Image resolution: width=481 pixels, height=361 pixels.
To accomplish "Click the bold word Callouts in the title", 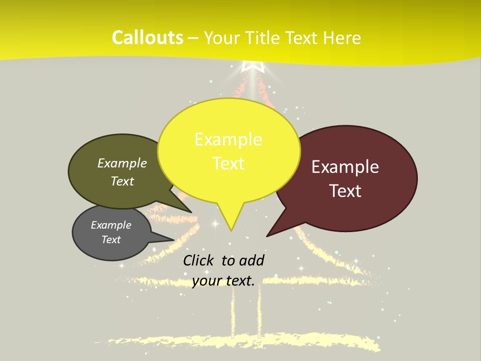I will [x=147, y=38].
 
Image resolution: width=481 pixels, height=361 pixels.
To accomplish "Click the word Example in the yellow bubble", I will [x=228, y=139].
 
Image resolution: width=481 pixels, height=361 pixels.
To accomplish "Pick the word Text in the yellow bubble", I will [x=228, y=163].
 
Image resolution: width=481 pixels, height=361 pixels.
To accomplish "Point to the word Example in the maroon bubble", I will [x=345, y=167].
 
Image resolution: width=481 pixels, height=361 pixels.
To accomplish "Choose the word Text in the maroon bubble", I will [x=345, y=191].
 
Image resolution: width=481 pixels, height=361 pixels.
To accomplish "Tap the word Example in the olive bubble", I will [x=122, y=163].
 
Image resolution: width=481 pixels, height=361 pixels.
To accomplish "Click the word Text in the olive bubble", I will [x=122, y=181].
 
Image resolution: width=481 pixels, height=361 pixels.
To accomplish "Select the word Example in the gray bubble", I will [x=111, y=225].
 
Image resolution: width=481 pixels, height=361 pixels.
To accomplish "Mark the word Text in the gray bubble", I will [x=111, y=240].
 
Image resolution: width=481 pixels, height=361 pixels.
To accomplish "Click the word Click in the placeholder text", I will [x=199, y=260].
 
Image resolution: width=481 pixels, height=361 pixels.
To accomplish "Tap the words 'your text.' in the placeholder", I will [x=223, y=281].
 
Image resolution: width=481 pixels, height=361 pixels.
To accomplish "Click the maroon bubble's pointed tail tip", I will [x=268, y=236].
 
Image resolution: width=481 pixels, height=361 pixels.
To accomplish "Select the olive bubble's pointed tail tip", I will [x=191, y=212].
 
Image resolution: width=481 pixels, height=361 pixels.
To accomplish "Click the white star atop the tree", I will [x=253, y=67].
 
